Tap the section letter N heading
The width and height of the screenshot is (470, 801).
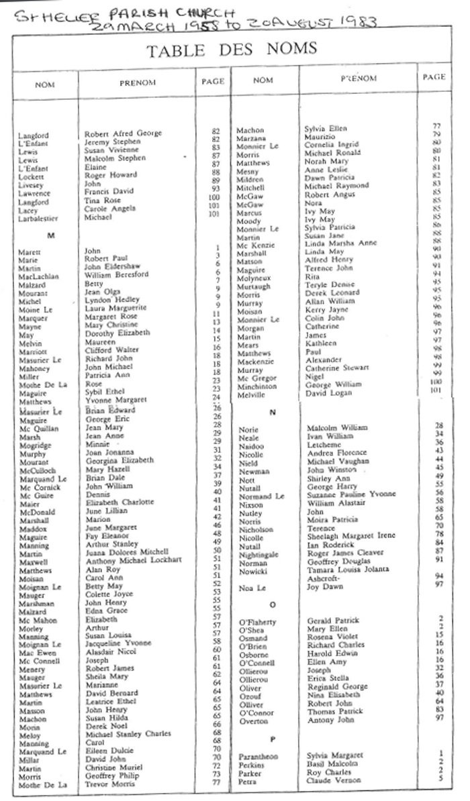pyautogui.click(x=272, y=412)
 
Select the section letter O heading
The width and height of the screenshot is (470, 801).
pyautogui.click(x=272, y=604)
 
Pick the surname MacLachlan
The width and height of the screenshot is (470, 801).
pyautogui.click(x=38, y=276)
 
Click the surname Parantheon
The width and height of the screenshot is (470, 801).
pyautogui.click(x=258, y=757)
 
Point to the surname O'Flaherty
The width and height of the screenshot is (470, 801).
pyautogui.click(x=258, y=623)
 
